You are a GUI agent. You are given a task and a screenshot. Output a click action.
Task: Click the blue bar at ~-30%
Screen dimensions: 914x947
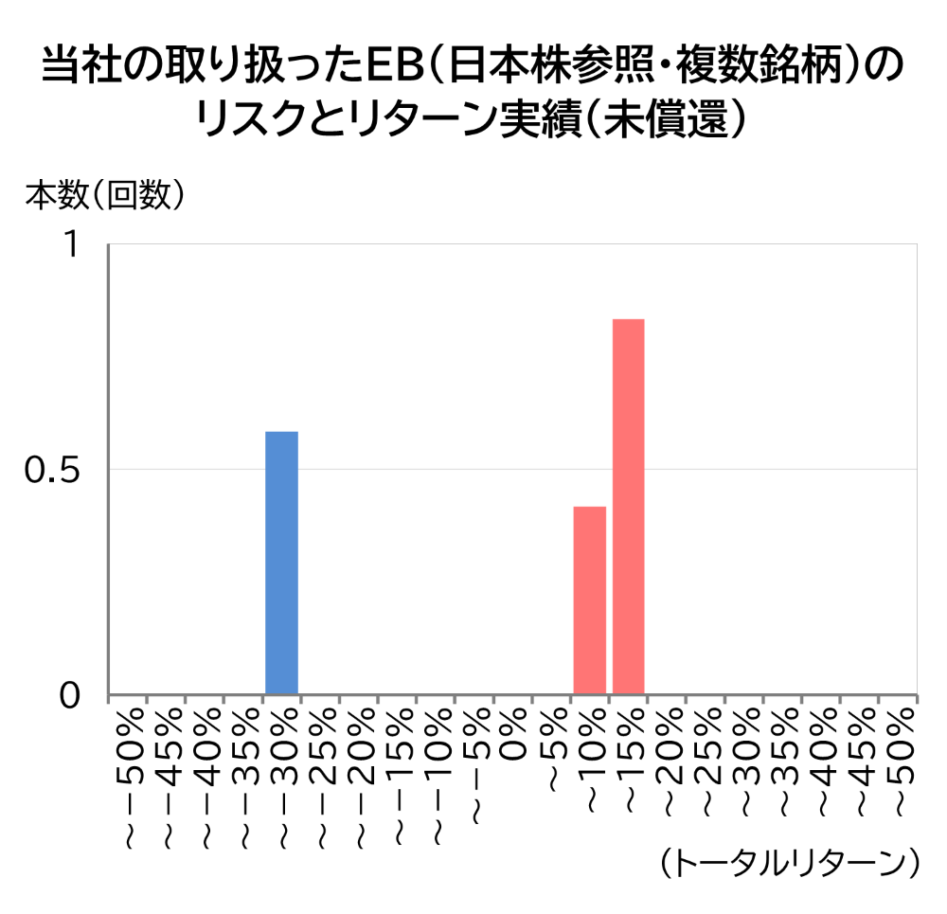coord(281,563)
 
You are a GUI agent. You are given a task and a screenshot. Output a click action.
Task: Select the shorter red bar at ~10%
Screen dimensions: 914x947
coord(589,600)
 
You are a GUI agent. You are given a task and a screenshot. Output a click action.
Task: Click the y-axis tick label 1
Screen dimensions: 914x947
coord(71,245)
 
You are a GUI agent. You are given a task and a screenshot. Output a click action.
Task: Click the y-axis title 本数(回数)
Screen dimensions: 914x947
coord(104,195)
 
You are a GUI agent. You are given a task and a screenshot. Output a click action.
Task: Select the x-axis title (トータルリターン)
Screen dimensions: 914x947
coord(788,862)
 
